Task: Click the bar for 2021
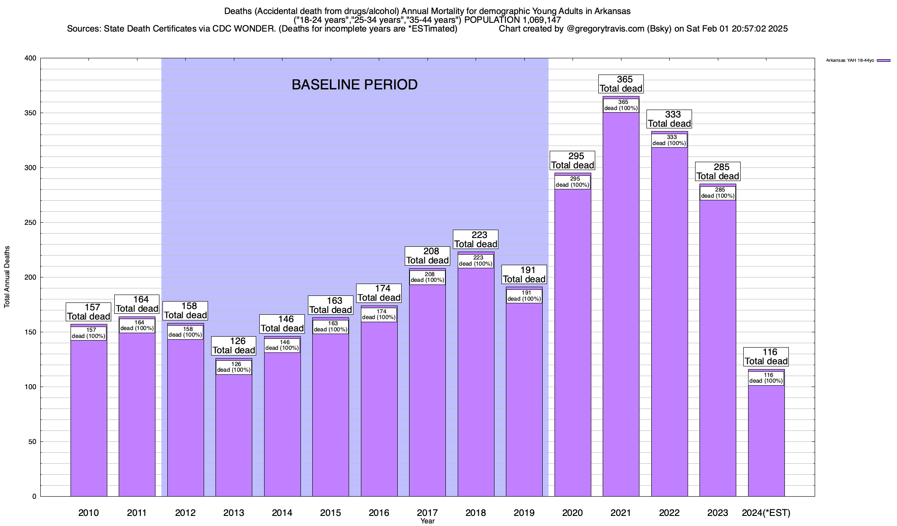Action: (621, 307)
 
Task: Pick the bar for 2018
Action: (476, 381)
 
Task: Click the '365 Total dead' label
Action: (621, 84)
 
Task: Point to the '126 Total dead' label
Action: (234, 345)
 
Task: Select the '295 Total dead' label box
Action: (572, 160)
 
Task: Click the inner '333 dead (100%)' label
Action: (669, 140)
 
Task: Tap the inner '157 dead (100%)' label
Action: (88, 333)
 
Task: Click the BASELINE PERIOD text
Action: (354, 85)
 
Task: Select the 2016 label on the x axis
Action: (379, 512)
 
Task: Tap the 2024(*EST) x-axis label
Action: (766, 512)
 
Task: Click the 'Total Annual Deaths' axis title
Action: (7, 277)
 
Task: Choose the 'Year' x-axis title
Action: (427, 521)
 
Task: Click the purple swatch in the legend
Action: (883, 60)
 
